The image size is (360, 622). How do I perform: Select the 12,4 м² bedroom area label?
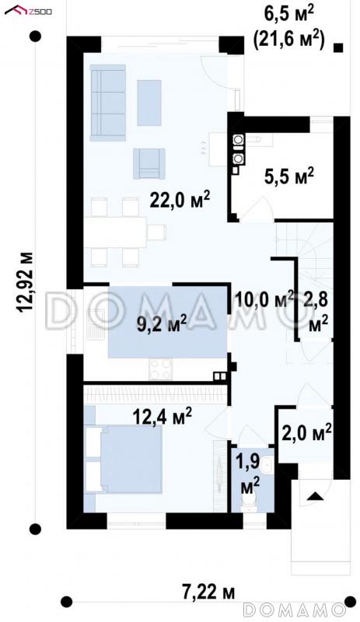coord(162,416)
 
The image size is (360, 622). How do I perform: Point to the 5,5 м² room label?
coord(289,176)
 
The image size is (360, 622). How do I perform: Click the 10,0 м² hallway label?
coord(264,299)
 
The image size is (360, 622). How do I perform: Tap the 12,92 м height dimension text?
coord(25,281)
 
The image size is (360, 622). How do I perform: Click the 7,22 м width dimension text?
coord(208,592)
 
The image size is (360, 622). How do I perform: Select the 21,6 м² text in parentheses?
coord(289,40)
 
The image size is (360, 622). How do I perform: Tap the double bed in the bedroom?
coord(124,460)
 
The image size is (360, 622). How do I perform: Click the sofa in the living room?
coord(108,103)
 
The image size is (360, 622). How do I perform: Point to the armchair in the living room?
coord(149,163)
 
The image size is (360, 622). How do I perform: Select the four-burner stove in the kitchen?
coord(161,369)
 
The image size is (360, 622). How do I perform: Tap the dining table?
coord(115,232)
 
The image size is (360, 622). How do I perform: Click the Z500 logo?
coord(28,10)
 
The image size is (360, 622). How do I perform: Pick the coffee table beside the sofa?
coord(149,103)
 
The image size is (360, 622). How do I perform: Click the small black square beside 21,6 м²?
coord(338,48)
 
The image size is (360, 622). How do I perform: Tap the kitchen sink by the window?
coord(93,328)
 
